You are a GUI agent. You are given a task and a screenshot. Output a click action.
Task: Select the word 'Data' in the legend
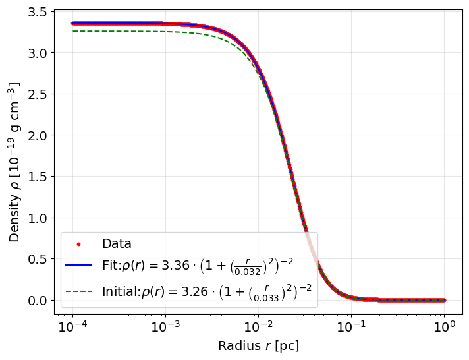click(x=117, y=244)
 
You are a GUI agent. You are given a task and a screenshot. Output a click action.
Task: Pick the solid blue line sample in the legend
click(x=78, y=266)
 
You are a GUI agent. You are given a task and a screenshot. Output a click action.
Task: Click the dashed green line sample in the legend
click(x=78, y=291)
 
